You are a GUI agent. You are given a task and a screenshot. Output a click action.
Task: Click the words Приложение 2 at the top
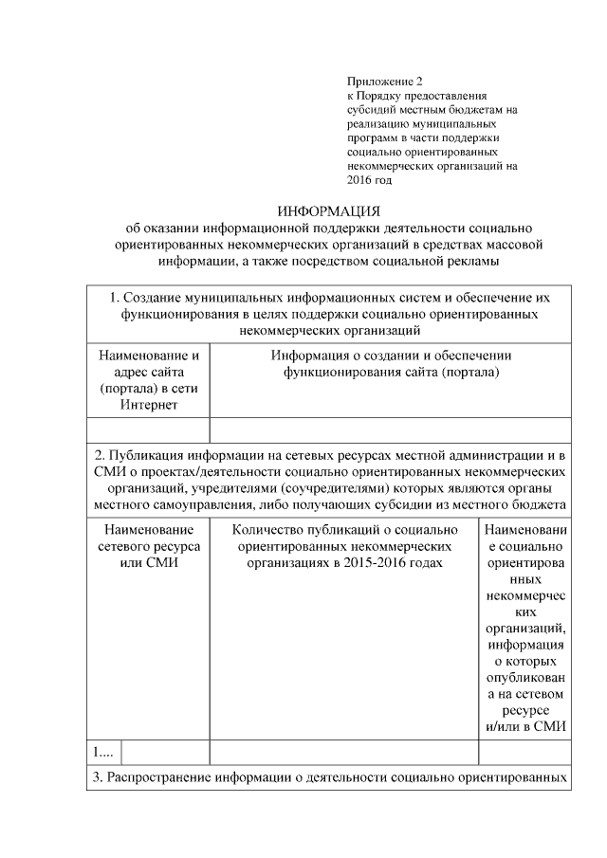384,83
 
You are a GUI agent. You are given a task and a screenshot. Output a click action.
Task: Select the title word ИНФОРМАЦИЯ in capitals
327,210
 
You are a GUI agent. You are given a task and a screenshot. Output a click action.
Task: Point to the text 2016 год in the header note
369,178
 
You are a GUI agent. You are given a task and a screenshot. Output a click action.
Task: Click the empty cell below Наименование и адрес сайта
148,430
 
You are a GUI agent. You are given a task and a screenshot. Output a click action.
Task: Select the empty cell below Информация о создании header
391,430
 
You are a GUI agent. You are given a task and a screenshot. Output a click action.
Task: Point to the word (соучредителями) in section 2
292,487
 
